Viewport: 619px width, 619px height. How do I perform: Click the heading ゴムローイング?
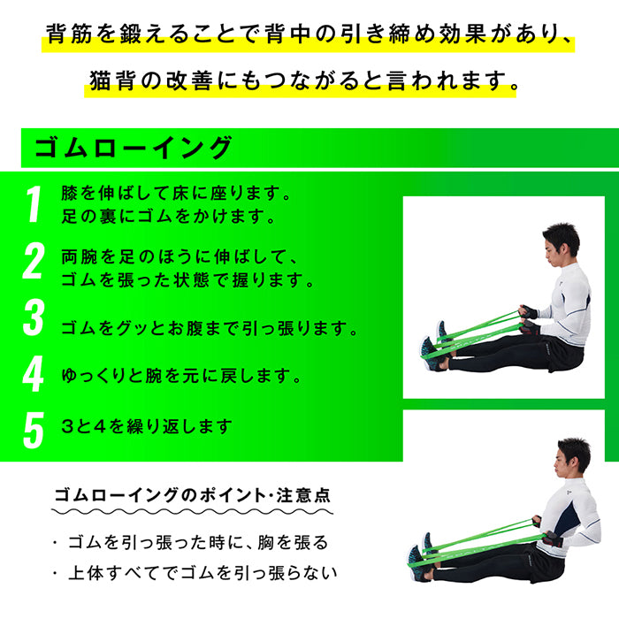(x=134, y=148)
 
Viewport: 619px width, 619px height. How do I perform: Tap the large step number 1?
(x=34, y=204)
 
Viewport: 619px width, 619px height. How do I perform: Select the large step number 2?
(x=34, y=263)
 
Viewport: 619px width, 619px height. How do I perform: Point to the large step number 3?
(x=34, y=319)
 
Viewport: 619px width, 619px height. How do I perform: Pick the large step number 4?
(x=34, y=375)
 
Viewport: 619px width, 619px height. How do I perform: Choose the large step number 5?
(x=34, y=428)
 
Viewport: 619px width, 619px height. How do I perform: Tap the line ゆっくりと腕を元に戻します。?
(x=182, y=376)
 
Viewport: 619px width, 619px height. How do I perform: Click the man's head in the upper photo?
(x=558, y=241)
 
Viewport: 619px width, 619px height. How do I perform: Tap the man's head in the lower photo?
(x=573, y=455)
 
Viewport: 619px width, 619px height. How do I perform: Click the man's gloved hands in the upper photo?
(x=528, y=317)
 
